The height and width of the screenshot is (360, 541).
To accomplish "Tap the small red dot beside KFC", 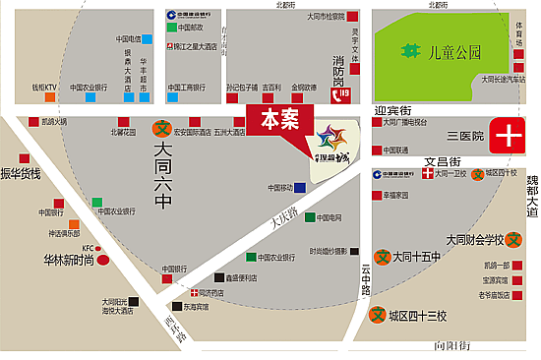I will pos(100,248).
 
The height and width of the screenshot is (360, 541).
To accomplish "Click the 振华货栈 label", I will pos(21,174).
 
